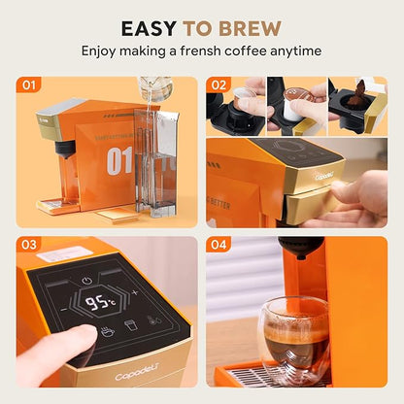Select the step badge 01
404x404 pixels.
point(29,85)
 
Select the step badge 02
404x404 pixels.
point(218,85)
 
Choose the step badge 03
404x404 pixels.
point(29,245)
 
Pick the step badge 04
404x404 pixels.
point(218,245)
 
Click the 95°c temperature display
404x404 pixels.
point(101,301)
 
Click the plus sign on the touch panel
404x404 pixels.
point(134,291)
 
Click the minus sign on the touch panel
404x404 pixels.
point(63,308)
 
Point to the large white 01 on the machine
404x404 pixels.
point(119,160)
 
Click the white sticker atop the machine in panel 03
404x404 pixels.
point(65,254)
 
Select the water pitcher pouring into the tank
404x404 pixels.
point(154,92)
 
